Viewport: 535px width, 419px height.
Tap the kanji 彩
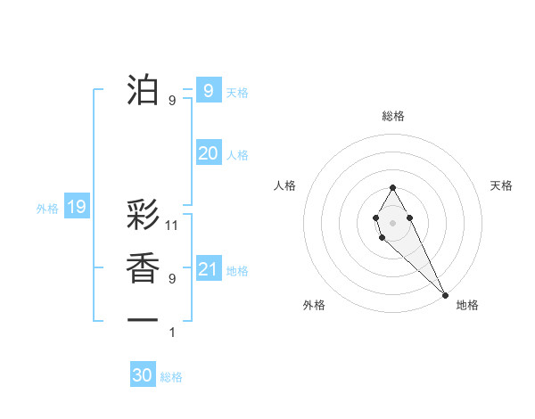(144, 217)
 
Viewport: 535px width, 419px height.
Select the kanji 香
(144, 268)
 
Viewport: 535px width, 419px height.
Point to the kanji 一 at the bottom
(144, 319)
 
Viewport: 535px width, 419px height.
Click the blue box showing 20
(208, 153)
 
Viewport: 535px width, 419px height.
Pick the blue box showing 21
(208, 269)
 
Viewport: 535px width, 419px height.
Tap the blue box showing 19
(77, 208)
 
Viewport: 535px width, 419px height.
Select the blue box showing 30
(143, 375)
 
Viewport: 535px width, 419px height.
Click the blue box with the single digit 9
(208, 90)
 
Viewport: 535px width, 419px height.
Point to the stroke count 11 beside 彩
(173, 226)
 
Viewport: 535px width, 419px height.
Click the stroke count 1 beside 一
(172, 333)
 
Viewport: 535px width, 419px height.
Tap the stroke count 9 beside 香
(172, 279)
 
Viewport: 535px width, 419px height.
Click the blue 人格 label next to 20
(237, 155)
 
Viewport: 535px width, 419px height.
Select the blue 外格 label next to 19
(47, 209)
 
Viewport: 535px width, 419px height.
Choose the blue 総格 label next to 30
(171, 377)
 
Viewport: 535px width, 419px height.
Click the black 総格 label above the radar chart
(392, 116)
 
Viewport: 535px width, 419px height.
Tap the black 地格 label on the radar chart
(467, 305)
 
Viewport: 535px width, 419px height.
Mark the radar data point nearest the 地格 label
(445, 294)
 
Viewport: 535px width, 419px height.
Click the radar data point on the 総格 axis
(392, 187)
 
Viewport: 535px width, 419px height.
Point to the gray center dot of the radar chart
(392, 221)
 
